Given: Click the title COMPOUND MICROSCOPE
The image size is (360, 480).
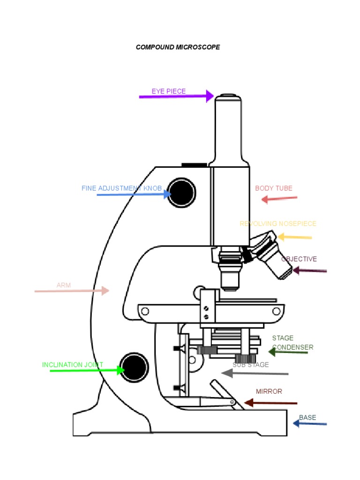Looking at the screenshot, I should click(178, 47).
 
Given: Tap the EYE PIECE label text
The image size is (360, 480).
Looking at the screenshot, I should click(169, 91).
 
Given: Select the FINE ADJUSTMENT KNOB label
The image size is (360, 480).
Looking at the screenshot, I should click(121, 188).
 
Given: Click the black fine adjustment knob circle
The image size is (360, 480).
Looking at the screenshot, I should click(181, 192).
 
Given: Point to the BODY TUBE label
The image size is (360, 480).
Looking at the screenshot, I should click(274, 188).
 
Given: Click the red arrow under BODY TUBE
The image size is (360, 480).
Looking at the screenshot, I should click(279, 199).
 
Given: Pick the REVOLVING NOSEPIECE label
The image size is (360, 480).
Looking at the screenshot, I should click(278, 224).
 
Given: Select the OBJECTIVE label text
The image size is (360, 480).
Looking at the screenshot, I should click(299, 259).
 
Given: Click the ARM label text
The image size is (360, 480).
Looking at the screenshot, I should click(64, 285).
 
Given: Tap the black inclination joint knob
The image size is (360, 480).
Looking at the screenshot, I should click(134, 367).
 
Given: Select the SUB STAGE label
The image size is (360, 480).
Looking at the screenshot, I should click(251, 365).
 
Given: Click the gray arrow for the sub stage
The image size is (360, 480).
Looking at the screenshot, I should click(255, 374).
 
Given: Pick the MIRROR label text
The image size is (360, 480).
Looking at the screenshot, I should click(269, 391).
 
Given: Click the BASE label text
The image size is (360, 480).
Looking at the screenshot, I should click(307, 418).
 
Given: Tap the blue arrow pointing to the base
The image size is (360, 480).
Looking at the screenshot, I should click(310, 424).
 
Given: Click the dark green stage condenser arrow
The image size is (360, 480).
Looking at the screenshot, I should click(288, 352).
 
